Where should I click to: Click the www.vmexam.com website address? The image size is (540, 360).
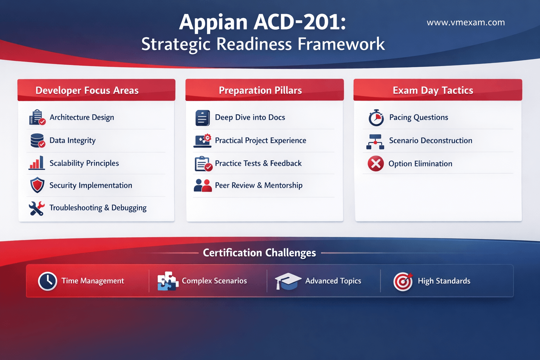(x=465, y=22)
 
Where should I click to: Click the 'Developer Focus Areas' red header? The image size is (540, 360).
(x=96, y=90)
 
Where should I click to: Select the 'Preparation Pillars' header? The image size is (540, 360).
(x=264, y=90)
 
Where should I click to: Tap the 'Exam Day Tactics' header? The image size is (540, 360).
(x=438, y=90)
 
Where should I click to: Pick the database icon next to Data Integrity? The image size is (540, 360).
(x=38, y=140)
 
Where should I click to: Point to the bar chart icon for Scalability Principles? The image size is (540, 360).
(x=37, y=163)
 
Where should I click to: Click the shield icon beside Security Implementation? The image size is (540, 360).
(x=37, y=185)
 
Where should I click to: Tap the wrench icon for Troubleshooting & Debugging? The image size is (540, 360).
(x=37, y=208)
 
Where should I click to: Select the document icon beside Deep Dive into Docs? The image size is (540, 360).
(x=202, y=118)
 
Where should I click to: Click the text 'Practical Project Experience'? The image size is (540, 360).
(x=261, y=140)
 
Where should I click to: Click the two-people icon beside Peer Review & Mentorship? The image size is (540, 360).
(x=203, y=185)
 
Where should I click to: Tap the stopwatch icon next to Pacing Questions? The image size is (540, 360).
(x=376, y=118)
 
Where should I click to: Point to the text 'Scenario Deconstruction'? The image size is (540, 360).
(x=431, y=140)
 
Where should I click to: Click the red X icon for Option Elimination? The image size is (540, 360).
(x=375, y=163)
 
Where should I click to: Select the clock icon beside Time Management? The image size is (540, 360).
(x=47, y=281)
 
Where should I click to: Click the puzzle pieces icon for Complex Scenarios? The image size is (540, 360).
(x=168, y=281)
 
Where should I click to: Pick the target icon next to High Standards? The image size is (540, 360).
(x=403, y=281)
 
